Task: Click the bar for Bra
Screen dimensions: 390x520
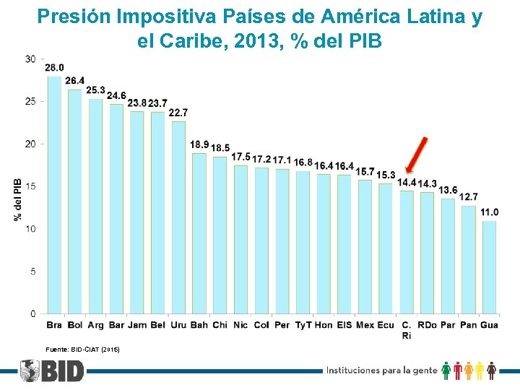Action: coord(54,195)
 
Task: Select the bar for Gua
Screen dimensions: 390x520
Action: coord(490,267)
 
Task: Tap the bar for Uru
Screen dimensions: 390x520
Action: coord(178,217)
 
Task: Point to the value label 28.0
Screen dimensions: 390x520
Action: coord(54,68)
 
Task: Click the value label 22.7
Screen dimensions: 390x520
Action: coord(178,113)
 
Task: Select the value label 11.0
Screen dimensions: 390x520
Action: coord(490,212)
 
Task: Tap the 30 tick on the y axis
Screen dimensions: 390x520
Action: coord(31,58)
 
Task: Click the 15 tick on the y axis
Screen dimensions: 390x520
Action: coord(31,186)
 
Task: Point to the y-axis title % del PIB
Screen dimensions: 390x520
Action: coord(18,199)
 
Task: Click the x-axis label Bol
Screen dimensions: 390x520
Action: coord(74,325)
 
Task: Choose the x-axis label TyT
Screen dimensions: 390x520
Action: coord(303,325)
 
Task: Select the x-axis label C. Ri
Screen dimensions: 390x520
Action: coord(407,330)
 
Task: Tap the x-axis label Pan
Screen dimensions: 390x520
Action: coord(469,325)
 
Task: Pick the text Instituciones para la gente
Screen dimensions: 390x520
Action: coord(382,370)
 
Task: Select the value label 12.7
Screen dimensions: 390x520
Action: coord(469,197)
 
